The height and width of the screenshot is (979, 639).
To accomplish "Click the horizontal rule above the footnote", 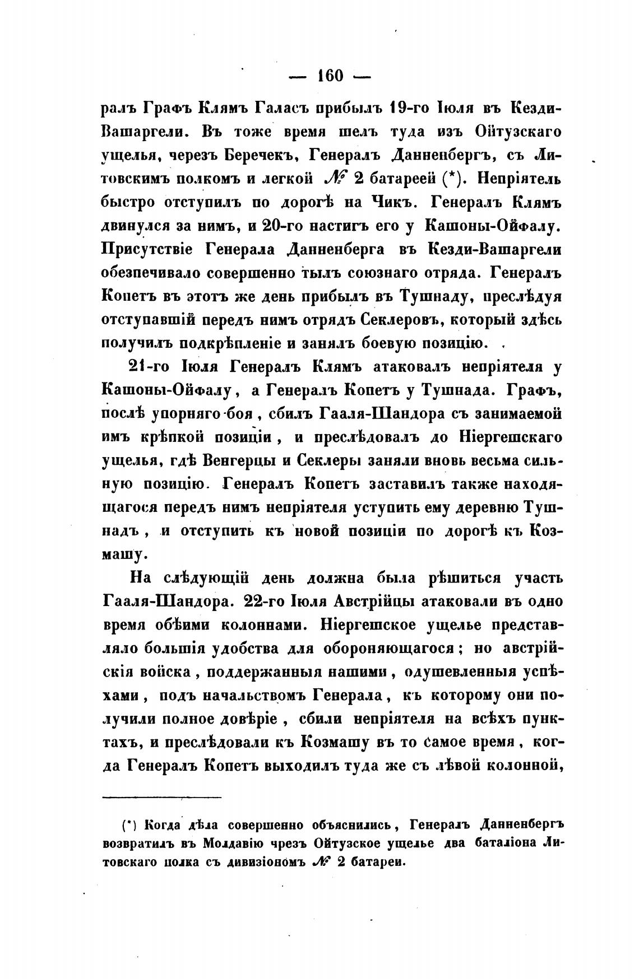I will (x=162, y=796).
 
